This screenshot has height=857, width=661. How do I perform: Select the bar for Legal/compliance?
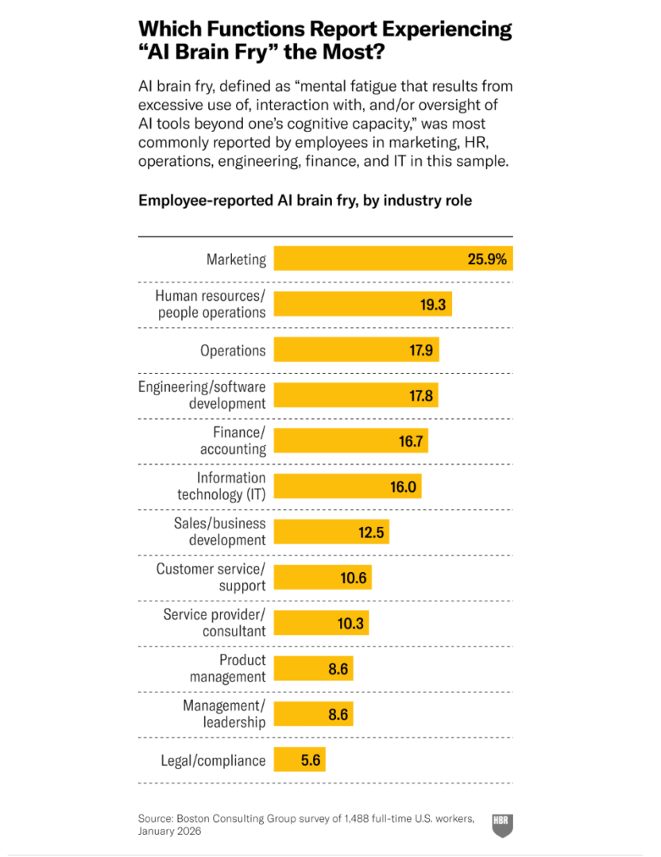pyautogui.click(x=299, y=760)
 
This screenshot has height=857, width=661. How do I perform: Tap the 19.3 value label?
pyautogui.click(x=432, y=304)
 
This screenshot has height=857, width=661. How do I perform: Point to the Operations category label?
pyautogui.click(x=233, y=351)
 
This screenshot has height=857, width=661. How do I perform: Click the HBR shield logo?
pyautogui.click(x=501, y=824)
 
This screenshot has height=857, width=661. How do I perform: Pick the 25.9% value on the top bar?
pyautogui.click(x=486, y=259)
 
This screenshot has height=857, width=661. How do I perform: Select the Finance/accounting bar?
pyautogui.click(x=350, y=441)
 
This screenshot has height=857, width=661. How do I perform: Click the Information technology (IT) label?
pyautogui.click(x=221, y=486)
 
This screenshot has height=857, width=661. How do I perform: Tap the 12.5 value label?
pyautogui.click(x=371, y=532)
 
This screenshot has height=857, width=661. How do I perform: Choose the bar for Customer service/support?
pyautogui.click(x=322, y=578)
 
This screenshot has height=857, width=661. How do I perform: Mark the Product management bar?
pyautogui.click(x=312, y=669)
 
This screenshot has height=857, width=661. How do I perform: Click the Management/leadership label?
pyautogui.click(x=224, y=714)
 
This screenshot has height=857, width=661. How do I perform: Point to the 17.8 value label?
pyautogui.click(x=421, y=396)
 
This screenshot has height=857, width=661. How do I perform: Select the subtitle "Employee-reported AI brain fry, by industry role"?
pyautogui.click(x=305, y=201)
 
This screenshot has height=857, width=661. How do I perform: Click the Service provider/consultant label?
pyautogui.click(x=215, y=623)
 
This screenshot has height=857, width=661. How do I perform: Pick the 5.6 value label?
pyautogui.click(x=311, y=760)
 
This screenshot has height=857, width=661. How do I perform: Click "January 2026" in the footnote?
pyautogui.click(x=169, y=832)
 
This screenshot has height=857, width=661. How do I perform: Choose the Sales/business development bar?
pyautogui.click(x=331, y=532)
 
